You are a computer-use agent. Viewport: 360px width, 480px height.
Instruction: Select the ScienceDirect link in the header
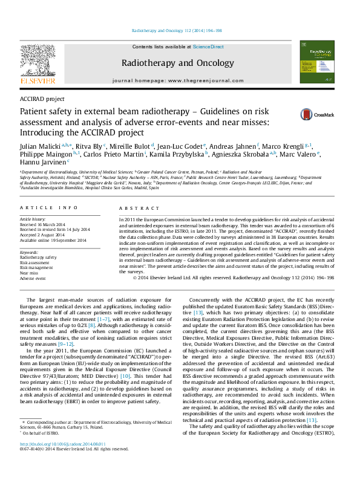[208, 47]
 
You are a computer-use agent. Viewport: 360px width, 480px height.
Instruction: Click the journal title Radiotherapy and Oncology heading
[177, 63]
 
